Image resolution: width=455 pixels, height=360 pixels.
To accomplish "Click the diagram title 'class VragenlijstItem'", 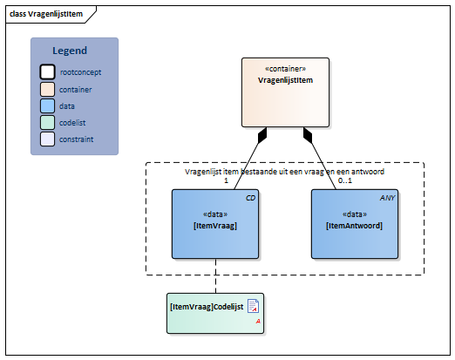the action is coord(46,14).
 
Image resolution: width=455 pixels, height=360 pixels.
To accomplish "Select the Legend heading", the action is coord(70,51).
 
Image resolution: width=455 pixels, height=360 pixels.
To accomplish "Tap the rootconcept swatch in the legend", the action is coord(47,71).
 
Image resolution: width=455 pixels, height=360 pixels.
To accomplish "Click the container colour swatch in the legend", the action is coord(47,89).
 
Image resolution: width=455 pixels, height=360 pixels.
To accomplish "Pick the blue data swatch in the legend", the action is coord(47,105).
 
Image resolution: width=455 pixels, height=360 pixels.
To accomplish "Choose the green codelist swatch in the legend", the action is coord(47,122).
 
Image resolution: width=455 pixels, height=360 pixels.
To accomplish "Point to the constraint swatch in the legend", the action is coord(47,139).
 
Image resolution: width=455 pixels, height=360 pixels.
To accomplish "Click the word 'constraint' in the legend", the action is coord(77,139).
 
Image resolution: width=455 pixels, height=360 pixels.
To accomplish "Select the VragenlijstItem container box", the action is coord(285,92).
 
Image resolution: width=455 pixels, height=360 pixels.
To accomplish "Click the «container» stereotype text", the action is coord(285,69).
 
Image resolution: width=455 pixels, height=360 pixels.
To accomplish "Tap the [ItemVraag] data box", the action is coord(215,224).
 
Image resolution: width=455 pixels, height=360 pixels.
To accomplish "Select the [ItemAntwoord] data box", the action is coord(355,224).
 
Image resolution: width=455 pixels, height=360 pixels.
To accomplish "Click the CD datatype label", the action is coord(250,198).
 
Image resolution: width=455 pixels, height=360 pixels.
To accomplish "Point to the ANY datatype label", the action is coord(387,198).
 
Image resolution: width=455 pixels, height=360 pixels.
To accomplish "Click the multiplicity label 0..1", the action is coord(345,180).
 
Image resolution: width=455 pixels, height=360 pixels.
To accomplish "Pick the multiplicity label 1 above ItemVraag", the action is coord(226,180).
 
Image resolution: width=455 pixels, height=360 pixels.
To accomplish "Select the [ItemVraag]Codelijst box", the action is coord(215,313).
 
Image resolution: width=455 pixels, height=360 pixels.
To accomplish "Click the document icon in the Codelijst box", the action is coord(253,306).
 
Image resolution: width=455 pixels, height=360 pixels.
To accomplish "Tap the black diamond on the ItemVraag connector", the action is coord(262,135).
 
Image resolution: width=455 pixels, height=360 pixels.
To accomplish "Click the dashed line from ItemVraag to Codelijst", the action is coord(215,275).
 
